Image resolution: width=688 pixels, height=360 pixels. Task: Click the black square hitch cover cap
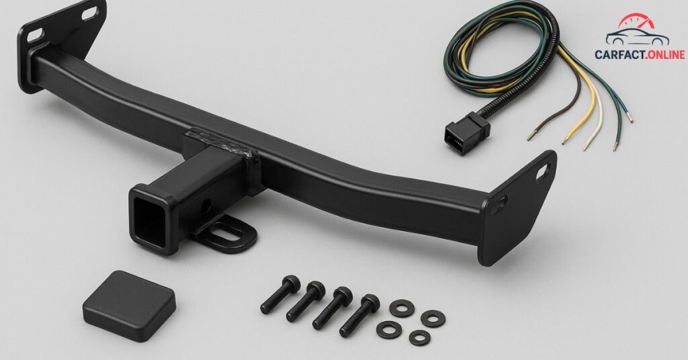coord(129,306)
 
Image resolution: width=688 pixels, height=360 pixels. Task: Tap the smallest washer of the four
coord(419,338)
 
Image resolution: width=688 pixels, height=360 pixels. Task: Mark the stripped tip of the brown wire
coord(531,137)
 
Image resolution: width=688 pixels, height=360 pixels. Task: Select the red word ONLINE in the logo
coord(662,54)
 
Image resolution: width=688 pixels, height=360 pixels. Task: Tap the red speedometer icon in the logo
coord(636,24)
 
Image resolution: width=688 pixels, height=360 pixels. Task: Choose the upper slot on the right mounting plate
coord(541,173)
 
